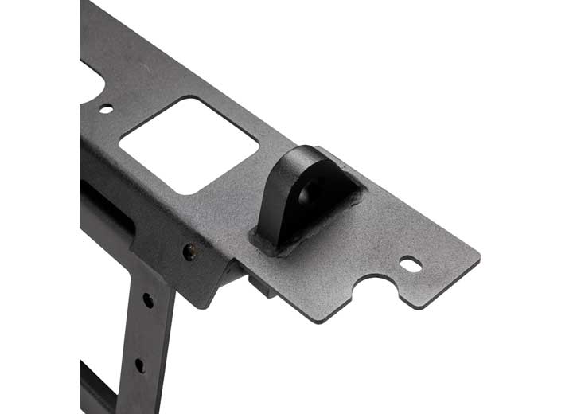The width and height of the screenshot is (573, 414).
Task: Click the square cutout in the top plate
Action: click(189, 144)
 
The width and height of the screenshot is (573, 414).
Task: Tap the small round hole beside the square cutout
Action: click(105, 108)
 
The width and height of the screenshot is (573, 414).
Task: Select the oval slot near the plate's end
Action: click(410, 264)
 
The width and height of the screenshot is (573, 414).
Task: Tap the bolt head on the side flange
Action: click(189, 251)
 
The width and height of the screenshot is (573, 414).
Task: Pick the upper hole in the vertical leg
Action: click(148, 300)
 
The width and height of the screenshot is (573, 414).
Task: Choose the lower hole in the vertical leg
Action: click(140, 365)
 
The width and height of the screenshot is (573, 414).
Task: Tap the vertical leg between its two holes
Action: click(145, 333)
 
